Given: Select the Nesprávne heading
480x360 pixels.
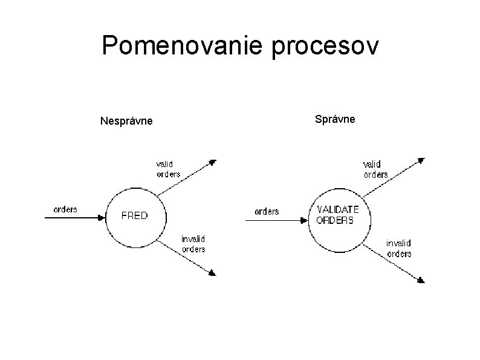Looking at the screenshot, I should pyautogui.click(x=126, y=122).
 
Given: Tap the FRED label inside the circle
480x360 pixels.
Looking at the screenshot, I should pyautogui.click(x=134, y=215).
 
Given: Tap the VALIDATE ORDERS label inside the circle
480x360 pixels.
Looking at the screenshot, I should pyautogui.click(x=337, y=215).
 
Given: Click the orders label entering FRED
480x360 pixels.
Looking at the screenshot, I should pyautogui.click(x=65, y=209).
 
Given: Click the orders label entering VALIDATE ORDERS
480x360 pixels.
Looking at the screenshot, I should pyautogui.click(x=267, y=211).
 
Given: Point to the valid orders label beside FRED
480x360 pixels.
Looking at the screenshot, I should pyautogui.click(x=168, y=169).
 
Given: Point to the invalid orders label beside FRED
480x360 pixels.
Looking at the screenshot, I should pyautogui.click(x=193, y=244).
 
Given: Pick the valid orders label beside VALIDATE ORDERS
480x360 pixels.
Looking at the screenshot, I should pyautogui.click(x=375, y=169).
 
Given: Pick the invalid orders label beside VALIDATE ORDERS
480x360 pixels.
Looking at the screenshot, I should pyautogui.click(x=399, y=248).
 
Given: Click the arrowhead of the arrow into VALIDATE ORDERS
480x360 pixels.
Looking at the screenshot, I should pyautogui.click(x=306, y=221).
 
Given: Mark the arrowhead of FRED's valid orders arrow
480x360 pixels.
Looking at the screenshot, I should pyautogui.click(x=212, y=162).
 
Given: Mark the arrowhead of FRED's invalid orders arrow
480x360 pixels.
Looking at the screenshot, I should pyautogui.click(x=212, y=273).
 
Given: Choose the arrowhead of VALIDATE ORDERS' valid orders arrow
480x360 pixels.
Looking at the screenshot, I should pyautogui.click(x=421, y=160).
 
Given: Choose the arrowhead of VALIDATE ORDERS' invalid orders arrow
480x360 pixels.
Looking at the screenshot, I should pyautogui.click(x=421, y=280).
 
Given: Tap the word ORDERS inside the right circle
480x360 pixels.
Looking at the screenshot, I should pyautogui.click(x=336, y=220).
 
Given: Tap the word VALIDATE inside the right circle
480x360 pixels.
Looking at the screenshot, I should pyautogui.click(x=338, y=209).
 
